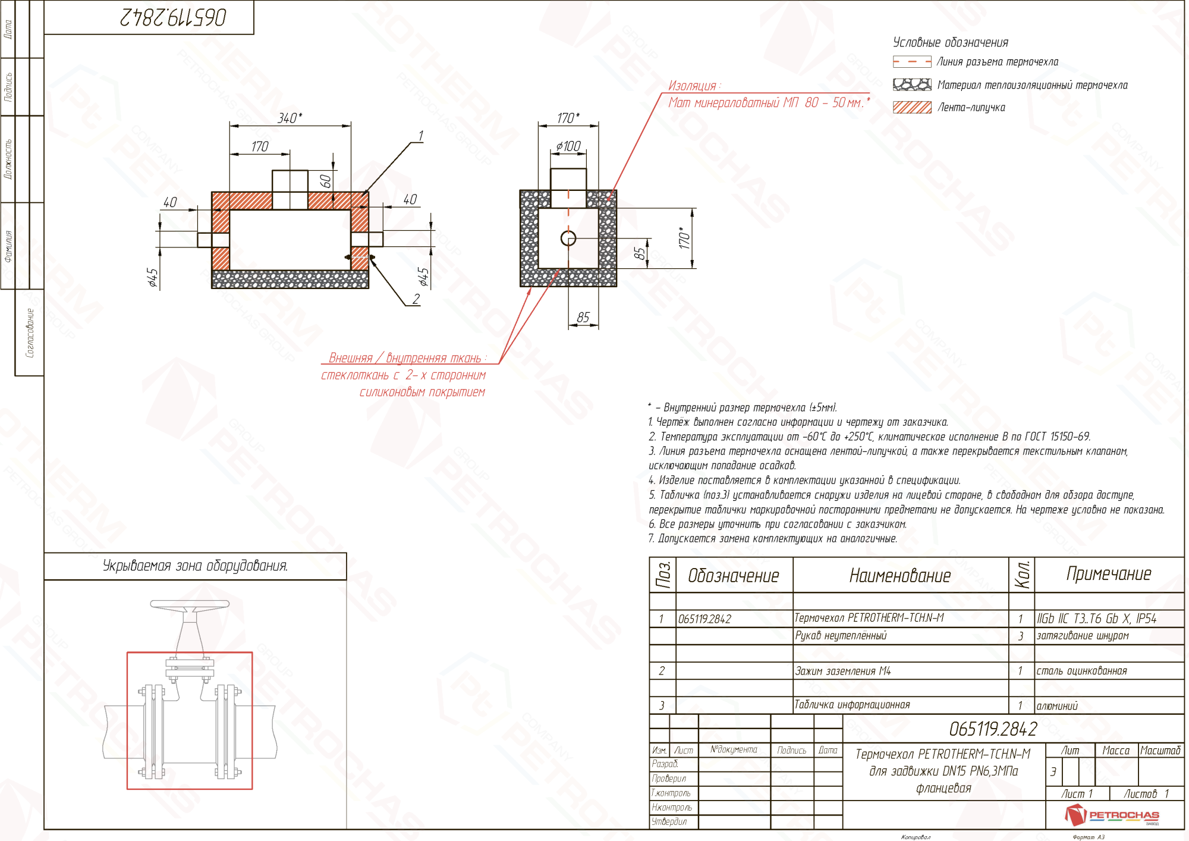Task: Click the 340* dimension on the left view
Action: [x=290, y=118]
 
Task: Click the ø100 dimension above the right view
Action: [x=568, y=146]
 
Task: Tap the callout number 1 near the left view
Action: [x=420, y=136]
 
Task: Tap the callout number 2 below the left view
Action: [x=416, y=299]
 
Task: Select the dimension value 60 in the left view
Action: [x=326, y=181]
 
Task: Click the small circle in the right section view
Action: [x=568, y=239]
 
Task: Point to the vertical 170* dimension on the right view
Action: [x=684, y=237]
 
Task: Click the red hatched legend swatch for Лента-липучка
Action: [x=911, y=107]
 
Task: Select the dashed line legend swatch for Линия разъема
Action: [x=911, y=61]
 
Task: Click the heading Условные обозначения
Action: [x=950, y=42]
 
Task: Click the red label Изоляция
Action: [x=693, y=86]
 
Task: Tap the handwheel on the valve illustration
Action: [x=190, y=605]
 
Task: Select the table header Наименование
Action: [x=899, y=575]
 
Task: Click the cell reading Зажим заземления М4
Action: [x=842, y=671]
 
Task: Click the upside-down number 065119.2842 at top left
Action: [x=173, y=17]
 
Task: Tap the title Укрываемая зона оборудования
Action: [x=195, y=566]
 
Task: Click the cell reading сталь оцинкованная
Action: [x=1081, y=671]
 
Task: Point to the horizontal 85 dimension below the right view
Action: [x=583, y=317]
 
